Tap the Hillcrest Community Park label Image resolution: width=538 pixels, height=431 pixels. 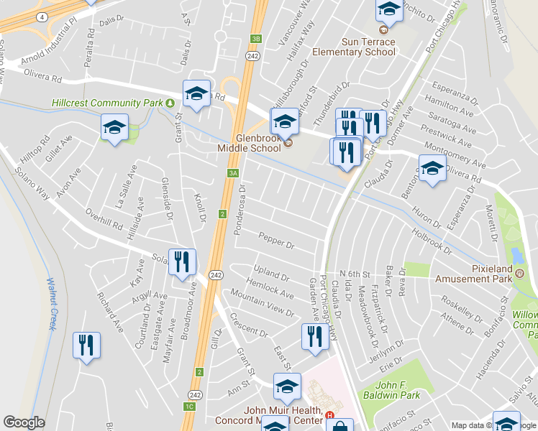coord(107,103)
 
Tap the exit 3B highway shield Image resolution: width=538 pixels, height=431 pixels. coord(255,40)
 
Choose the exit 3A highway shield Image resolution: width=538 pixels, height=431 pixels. coord(232,173)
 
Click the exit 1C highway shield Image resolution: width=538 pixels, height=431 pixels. coord(189,407)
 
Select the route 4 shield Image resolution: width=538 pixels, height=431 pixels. coord(44,16)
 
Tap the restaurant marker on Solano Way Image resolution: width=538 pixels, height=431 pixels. coord(181,261)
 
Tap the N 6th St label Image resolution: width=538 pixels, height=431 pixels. coord(354,274)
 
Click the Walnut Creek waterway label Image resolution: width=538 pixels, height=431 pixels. coord(51,304)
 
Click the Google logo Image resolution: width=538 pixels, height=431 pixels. coord(24,422)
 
